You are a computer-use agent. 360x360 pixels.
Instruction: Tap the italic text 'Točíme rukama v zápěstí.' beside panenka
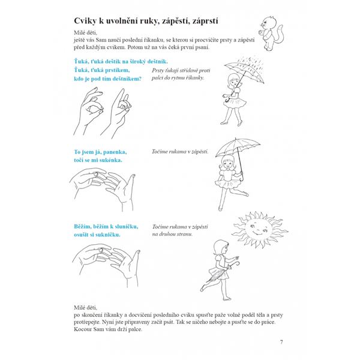[180, 152]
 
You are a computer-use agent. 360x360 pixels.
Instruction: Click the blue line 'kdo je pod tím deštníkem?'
[104, 79]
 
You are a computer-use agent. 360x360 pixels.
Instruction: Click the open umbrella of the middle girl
[238, 146]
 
